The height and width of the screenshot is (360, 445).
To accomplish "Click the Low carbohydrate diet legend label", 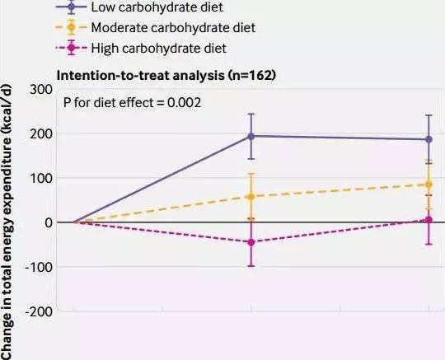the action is (x=157, y=7).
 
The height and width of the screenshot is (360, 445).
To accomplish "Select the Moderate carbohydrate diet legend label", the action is (x=173, y=27).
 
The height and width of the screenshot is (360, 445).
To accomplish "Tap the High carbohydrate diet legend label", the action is (x=159, y=48).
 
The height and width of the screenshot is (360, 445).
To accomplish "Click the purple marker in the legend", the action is (x=72, y=7).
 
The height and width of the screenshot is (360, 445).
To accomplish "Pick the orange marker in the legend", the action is (x=72, y=27).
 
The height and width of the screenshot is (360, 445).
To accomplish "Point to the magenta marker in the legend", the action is (x=72, y=48).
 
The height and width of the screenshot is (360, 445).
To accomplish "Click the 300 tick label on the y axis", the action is (x=41, y=90).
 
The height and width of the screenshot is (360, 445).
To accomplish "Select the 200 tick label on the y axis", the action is (x=41, y=134).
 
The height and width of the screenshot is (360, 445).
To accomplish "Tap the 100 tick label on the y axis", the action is (x=42, y=179).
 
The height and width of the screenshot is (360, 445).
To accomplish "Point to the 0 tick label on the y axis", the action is (x=49, y=222).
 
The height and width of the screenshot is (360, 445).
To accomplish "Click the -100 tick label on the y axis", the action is (x=39, y=267).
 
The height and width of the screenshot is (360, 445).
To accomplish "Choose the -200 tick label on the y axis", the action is (x=39, y=312).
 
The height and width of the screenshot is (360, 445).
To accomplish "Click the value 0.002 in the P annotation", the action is (x=184, y=102).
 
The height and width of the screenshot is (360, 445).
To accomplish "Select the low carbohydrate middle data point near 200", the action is (x=251, y=136).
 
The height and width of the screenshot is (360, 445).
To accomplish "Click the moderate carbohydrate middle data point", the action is (x=251, y=197).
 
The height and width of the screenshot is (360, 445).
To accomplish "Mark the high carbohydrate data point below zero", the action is (x=251, y=242).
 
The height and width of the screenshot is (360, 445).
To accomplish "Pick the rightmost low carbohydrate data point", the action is (x=429, y=139).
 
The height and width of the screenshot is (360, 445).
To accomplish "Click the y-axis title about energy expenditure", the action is (x=7, y=222).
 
